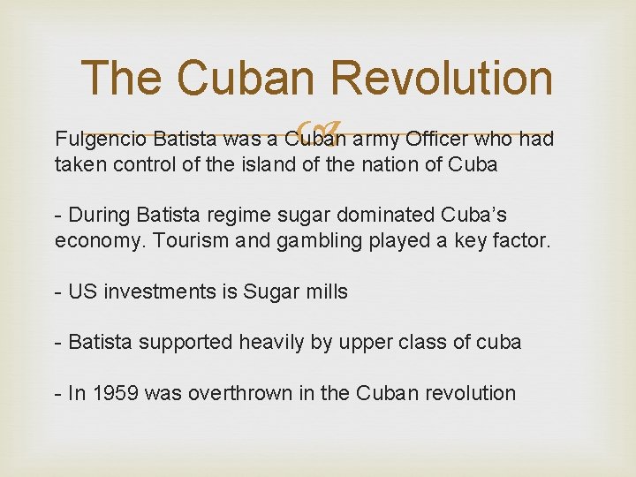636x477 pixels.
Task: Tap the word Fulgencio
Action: tap(99, 140)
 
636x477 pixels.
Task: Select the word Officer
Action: tap(438, 140)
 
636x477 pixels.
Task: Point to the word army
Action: tap(378, 140)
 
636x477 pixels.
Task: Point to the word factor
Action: tap(520, 240)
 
